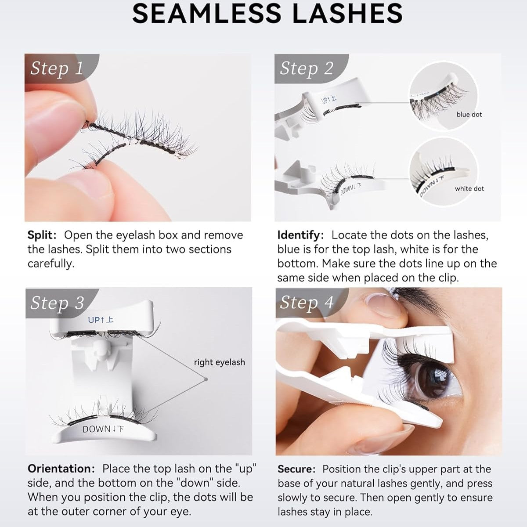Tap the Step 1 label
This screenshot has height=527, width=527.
(56, 68)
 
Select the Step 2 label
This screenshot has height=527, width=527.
(306, 68)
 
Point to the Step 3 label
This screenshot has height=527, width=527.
(57, 303)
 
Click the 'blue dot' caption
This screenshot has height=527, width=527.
(469, 114)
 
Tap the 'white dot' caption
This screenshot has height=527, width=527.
(469, 188)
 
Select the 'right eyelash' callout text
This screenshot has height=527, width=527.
(219, 362)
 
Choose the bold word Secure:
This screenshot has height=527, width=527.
(296, 469)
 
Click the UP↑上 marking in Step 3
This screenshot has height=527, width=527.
(101, 320)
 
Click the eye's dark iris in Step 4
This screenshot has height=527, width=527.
(425, 379)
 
